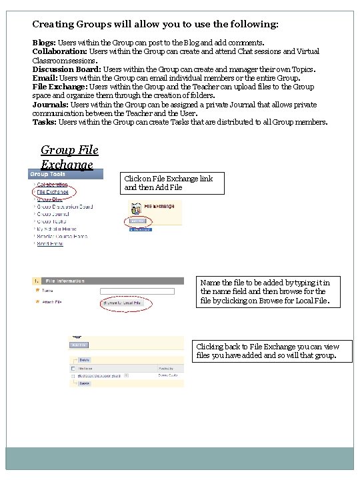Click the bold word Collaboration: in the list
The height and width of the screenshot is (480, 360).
pos(60,51)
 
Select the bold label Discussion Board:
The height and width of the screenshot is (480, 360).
pos(69,69)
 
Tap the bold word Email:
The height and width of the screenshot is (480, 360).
pos(45,78)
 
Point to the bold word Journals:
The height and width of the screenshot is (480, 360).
pos(51,105)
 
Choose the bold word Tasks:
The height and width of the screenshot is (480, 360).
pos(45,122)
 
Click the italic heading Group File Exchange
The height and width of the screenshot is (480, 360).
pos(67,157)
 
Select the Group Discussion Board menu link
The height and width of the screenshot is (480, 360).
pos(65,207)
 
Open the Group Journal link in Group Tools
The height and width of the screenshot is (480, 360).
pos(54,214)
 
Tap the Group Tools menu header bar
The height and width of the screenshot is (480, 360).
pos(65,175)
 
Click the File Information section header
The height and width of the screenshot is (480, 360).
pos(66,281)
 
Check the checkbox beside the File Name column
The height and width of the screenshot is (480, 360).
pos(73,367)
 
